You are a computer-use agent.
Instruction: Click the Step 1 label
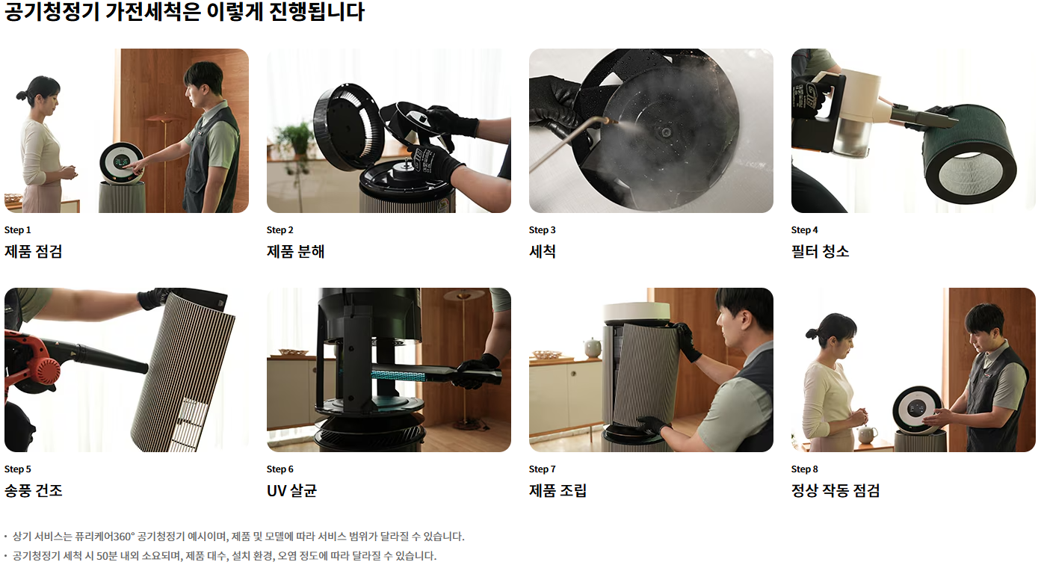18,230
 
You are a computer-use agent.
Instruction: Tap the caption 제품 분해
295,252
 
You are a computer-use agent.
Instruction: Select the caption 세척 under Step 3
543,252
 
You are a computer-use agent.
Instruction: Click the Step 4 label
804,230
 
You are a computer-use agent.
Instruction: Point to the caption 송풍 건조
33,490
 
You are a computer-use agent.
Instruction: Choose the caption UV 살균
291,490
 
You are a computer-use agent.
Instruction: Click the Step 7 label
542,469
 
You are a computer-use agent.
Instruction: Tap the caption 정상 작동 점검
835,490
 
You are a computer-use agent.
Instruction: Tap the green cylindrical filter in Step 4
969,154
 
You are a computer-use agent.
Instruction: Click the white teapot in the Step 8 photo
867,436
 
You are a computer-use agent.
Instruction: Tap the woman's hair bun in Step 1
21,96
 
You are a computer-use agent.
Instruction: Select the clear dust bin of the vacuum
851,135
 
